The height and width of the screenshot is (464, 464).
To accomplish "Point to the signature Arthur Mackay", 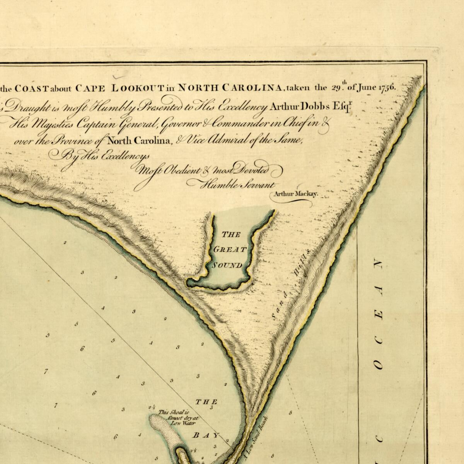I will click(295, 194).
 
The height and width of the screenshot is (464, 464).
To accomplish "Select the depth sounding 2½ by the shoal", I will click(152, 408).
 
